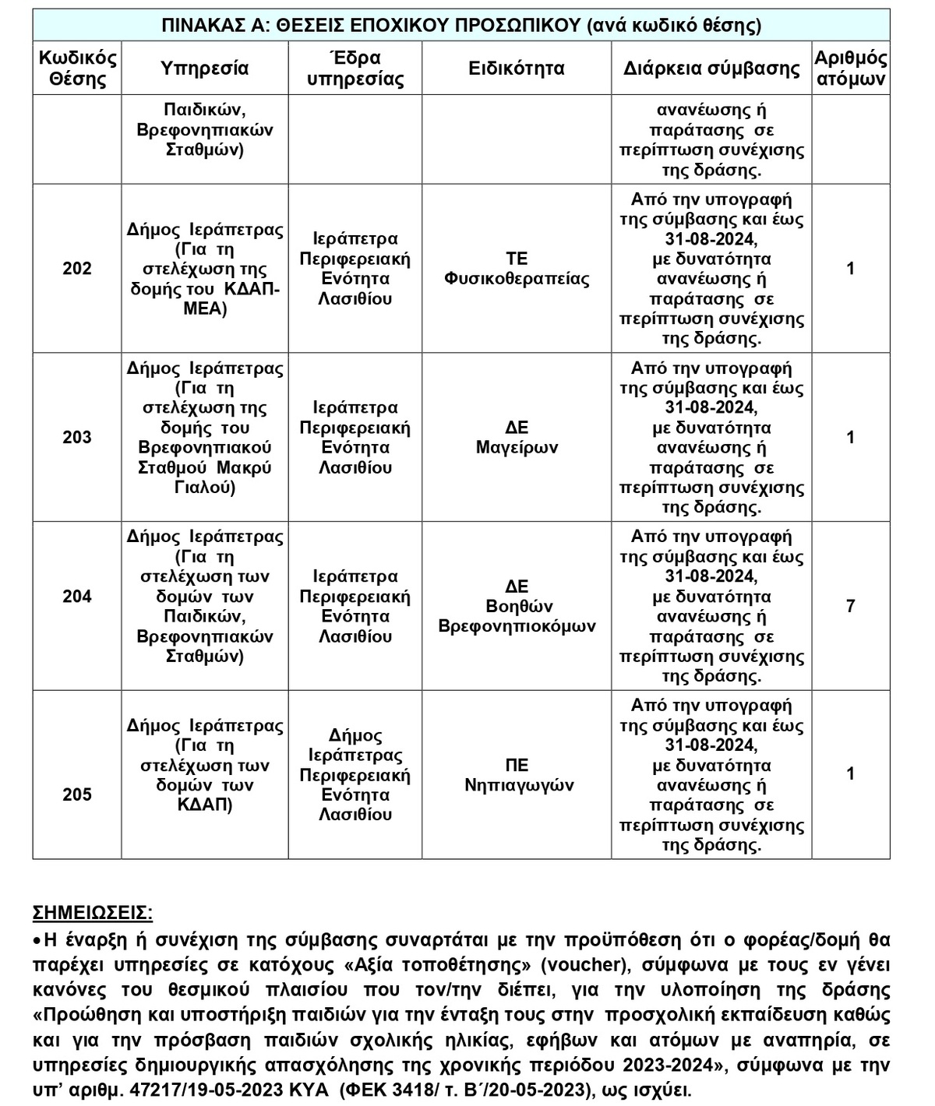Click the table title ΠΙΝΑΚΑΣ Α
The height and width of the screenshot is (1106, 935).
pos(460,25)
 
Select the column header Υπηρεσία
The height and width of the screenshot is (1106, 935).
pos(204,69)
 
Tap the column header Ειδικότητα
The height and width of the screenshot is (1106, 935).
pos(516,69)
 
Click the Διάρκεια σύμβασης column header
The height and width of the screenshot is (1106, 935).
pos(711,69)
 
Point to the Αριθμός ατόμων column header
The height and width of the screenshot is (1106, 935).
pos(850,69)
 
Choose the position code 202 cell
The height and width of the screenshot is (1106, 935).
pos(76,269)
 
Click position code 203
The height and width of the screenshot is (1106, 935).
pos(76,438)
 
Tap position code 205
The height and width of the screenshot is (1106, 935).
pos(76,795)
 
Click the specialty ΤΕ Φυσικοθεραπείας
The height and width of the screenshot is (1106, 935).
pos(517,269)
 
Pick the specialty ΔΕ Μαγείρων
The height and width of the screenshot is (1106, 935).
pos(517,438)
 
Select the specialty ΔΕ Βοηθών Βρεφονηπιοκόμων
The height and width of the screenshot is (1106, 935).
pos(517,607)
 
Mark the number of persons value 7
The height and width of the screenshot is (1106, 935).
pos(850,606)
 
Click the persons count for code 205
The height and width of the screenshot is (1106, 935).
pos(850,774)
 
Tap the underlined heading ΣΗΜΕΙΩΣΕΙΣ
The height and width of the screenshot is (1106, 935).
pos(93,913)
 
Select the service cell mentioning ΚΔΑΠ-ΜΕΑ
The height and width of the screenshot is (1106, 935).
pos(204,269)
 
